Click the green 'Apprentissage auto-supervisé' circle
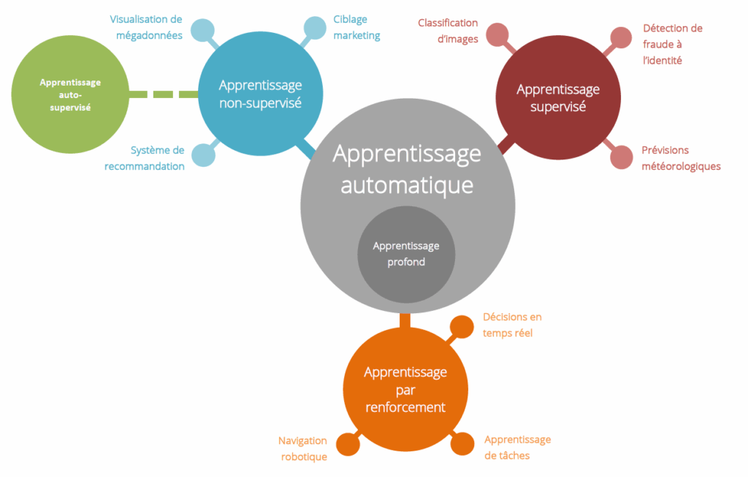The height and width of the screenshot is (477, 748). tap(70, 94)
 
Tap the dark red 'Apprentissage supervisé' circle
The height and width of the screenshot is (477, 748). tap(558, 97)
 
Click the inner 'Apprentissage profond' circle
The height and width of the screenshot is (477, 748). tap(405, 254)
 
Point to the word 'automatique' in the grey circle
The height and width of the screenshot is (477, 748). tap(406, 184)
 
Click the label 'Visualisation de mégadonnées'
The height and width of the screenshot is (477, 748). tap(146, 26)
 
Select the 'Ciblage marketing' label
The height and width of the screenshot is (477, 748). tap(356, 28)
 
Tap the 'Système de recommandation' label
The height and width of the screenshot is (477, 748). tap(145, 158)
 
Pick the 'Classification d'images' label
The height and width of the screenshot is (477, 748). tap(448, 31)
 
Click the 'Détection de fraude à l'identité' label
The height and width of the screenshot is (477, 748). tap(672, 44)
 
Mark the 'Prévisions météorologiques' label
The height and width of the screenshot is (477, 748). tap(681, 158)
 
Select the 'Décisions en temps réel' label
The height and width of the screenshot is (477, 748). tap(512, 325)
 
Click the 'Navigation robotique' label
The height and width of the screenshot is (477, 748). tap(302, 448)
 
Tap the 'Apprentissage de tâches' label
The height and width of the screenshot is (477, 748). tap(517, 447)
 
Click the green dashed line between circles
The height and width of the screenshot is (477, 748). tap(162, 94)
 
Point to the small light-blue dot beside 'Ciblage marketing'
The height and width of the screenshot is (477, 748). tap(315, 28)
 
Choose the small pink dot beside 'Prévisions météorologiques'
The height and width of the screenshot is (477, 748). tap(621, 157)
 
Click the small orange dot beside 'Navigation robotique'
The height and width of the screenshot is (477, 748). tap(348, 443)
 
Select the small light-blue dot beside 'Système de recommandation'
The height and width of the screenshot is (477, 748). tap(203, 154)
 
